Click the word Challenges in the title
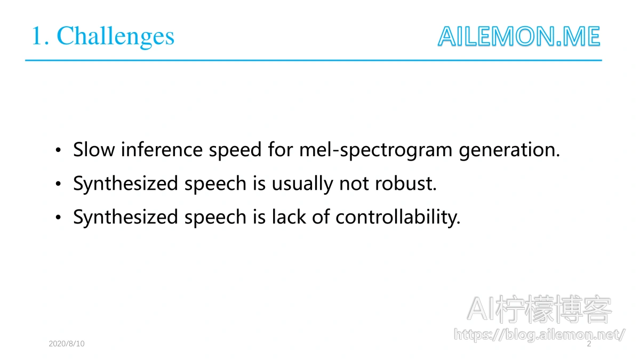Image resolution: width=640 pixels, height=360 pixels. pos(115,37)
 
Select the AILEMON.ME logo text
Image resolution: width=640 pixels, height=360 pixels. pos(519,36)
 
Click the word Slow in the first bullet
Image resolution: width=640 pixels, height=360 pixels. pos(94,149)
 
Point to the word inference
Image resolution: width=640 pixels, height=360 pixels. pos(162,149)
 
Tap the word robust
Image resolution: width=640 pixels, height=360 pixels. pos(406,183)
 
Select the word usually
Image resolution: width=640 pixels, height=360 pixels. pos(302,185)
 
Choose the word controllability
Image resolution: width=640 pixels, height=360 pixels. pos(398,218)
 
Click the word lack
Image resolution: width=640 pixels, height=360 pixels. pos(289,217)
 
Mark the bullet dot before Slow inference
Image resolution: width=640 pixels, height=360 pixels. pos(58,150)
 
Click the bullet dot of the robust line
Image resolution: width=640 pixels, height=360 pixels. pos(58,183)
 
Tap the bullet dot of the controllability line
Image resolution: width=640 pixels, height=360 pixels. pos(58,218)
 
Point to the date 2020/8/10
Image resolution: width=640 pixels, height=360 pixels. pos(67,343)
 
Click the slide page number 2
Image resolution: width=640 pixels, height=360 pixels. pos(589,343)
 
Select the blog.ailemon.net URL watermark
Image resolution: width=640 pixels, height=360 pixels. pos(539,335)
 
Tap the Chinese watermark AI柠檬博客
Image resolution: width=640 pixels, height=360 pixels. pos(539,309)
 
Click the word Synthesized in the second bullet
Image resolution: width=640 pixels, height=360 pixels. pos(125,185)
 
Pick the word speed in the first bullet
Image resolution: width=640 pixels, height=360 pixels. pos(235,150)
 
